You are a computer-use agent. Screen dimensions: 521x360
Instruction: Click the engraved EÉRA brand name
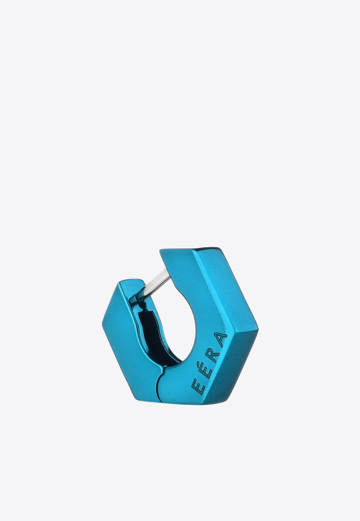pyautogui.click(x=209, y=363)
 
